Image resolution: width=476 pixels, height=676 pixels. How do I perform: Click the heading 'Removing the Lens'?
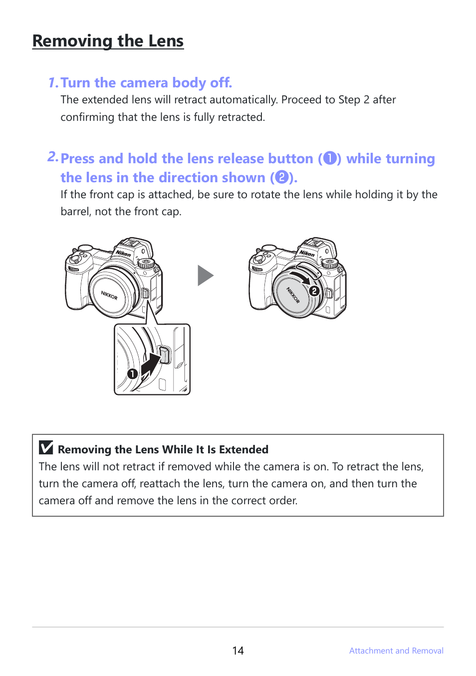[x=108, y=41]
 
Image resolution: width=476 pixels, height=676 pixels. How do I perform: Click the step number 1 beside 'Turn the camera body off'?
[x=53, y=83]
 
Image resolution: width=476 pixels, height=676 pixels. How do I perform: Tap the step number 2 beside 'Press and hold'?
[x=53, y=157]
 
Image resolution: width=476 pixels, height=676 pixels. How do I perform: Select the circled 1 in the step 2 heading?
[x=330, y=158]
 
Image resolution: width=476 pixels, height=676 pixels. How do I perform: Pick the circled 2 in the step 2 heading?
[x=282, y=177]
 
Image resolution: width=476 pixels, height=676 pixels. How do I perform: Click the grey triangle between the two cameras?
[x=206, y=275]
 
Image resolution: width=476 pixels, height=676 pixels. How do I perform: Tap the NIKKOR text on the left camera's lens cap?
[x=109, y=295]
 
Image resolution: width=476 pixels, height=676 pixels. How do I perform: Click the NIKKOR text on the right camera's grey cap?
[x=293, y=295]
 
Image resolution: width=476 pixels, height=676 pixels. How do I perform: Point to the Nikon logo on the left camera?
[x=123, y=253]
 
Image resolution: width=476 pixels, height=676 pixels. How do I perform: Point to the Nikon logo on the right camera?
[x=307, y=253]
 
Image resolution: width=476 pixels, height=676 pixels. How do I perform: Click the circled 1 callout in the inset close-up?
[x=132, y=374]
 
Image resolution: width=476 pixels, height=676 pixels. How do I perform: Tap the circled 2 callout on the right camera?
[x=314, y=291]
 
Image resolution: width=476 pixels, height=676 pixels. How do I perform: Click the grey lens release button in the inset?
[x=164, y=355]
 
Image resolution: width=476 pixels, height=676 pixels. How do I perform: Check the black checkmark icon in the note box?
[x=46, y=447]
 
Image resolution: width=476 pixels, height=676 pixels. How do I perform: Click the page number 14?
[x=238, y=651]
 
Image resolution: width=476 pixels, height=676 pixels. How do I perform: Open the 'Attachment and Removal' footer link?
[x=396, y=651]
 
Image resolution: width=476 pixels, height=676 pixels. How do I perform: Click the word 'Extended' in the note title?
[x=243, y=449]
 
